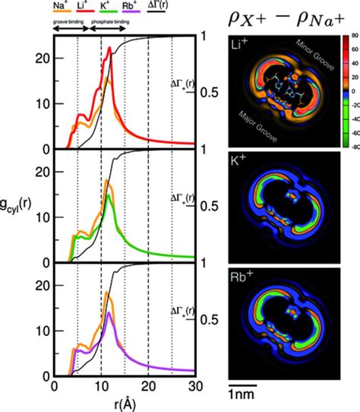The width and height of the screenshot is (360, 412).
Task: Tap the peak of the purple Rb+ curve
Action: point(111,312)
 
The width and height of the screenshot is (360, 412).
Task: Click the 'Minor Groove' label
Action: point(309,49)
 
